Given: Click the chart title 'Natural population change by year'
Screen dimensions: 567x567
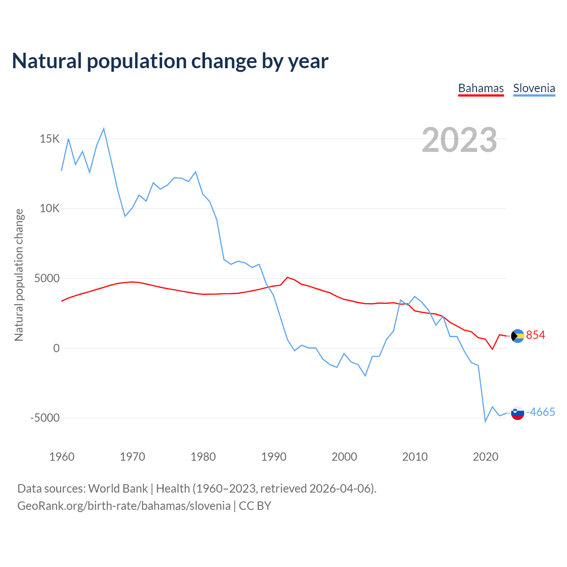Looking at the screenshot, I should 170,61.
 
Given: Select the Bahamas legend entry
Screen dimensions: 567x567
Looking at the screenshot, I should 481,88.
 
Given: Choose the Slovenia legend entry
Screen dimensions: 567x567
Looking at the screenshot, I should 534,88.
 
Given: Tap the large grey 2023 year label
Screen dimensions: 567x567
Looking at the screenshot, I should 459,140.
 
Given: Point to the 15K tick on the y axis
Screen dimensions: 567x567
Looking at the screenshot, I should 50,139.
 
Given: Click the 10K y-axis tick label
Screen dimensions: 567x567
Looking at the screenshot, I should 50,209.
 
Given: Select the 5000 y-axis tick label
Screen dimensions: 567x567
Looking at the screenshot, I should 47,279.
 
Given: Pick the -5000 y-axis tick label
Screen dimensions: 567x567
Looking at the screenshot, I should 45,418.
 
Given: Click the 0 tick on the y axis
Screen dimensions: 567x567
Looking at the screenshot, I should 56,348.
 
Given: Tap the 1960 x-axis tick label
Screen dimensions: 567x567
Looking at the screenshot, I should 62,457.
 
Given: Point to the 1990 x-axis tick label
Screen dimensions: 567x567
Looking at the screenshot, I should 274,457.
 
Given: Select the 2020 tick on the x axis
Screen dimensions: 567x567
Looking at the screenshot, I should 485,457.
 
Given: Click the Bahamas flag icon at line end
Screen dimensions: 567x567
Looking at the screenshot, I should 517,336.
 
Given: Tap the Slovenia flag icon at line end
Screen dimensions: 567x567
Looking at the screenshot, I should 517,413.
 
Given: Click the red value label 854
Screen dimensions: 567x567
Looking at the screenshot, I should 536,335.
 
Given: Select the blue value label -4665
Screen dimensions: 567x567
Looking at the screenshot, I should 540,412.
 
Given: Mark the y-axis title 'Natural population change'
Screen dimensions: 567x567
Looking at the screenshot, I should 19,275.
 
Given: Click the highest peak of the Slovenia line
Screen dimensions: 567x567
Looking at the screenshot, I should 104,129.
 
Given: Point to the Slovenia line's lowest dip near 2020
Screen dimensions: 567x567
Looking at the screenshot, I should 485,421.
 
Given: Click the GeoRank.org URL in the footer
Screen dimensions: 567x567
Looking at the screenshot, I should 124,506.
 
